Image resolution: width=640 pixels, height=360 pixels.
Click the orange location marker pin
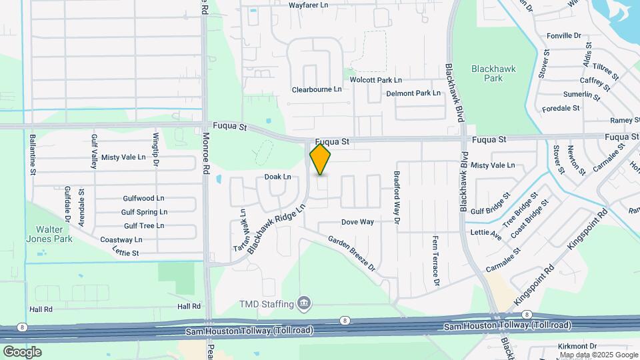point(320,159)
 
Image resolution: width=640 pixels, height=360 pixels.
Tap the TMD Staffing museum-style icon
point(304,304)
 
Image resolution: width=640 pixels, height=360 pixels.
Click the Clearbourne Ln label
point(317,89)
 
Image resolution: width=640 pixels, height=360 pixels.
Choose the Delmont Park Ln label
point(413,93)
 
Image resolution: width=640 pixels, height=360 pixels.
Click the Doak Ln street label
point(278,177)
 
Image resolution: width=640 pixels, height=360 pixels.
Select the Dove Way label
point(357,222)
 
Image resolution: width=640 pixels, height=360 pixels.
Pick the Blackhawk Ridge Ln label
point(276,229)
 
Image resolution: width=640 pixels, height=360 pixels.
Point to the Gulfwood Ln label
point(143,199)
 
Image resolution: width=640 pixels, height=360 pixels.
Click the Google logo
point(22,351)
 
